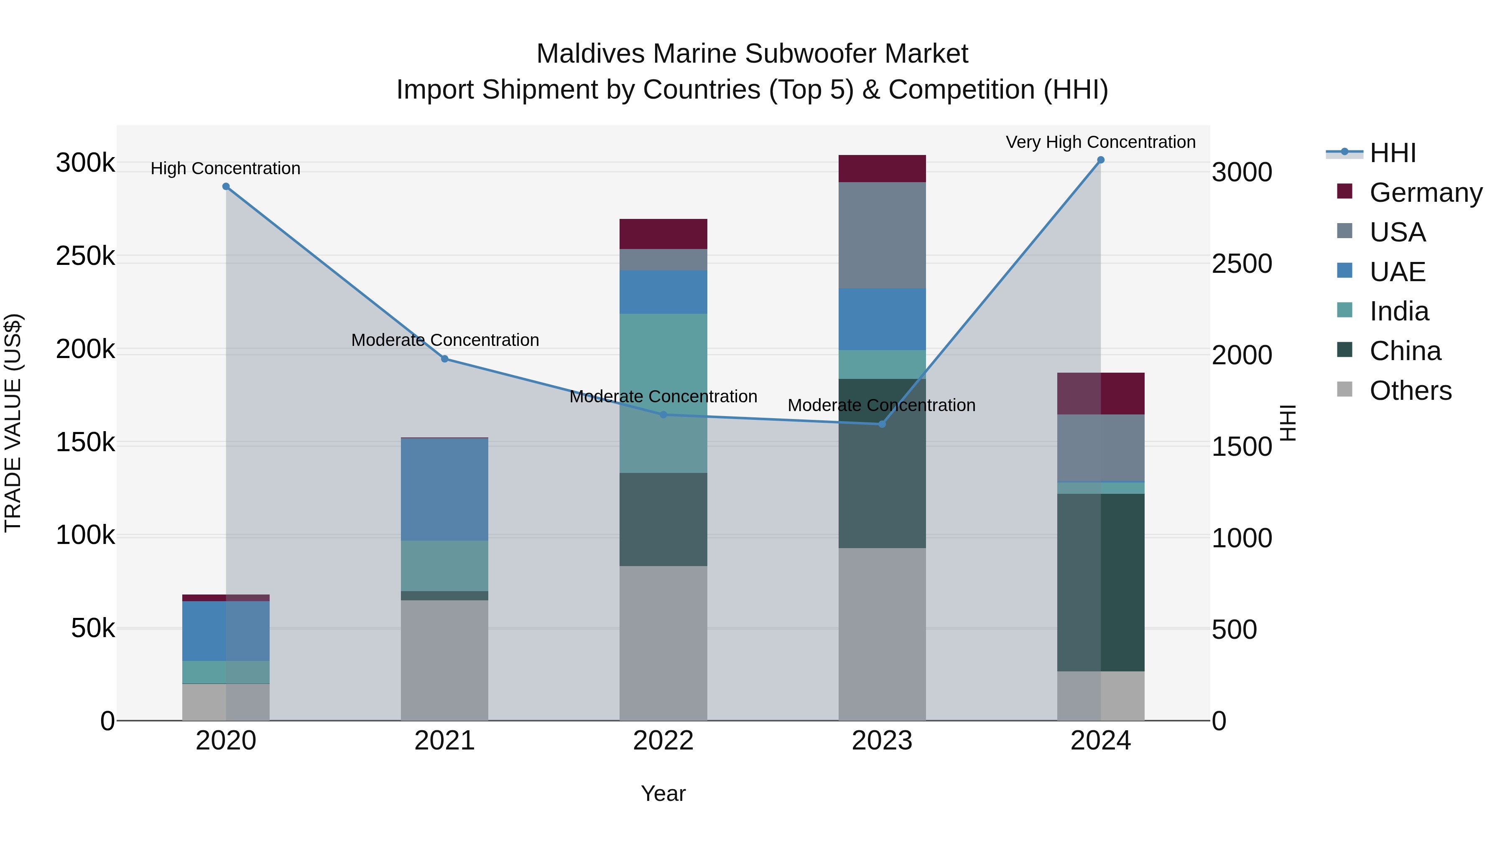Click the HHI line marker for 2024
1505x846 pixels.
click(1101, 160)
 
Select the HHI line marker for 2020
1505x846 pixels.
click(226, 187)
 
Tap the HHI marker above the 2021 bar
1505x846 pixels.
click(445, 359)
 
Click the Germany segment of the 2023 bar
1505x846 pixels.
click(882, 169)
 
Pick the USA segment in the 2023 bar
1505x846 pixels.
click(882, 235)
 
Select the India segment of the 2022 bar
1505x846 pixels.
click(663, 393)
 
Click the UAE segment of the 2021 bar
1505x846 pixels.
click(445, 489)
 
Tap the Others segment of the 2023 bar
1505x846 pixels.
click(882, 634)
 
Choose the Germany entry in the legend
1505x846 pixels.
click(1426, 193)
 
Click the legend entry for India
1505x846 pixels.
click(1399, 311)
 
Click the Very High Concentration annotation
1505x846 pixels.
click(1100, 142)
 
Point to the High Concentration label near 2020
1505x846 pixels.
click(225, 168)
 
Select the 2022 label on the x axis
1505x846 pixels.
click(663, 741)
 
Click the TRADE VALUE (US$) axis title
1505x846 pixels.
click(13, 423)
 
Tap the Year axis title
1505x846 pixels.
click(663, 793)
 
